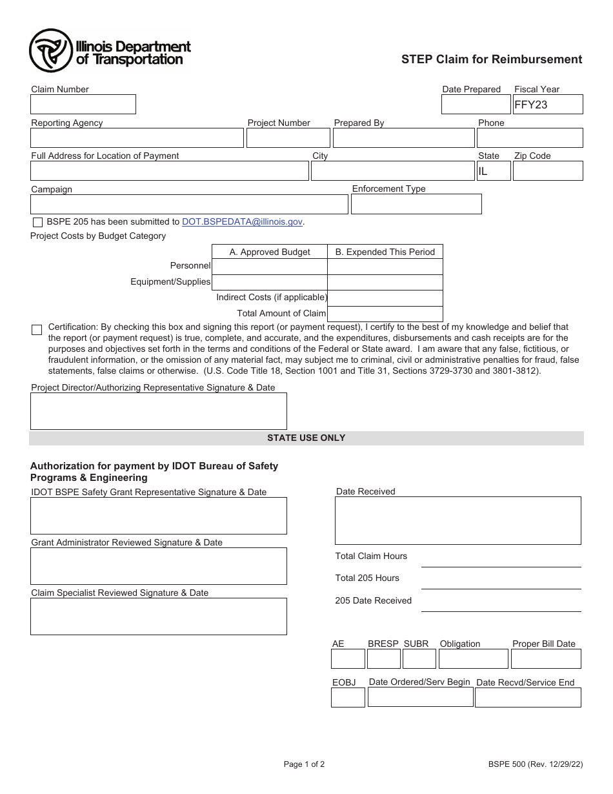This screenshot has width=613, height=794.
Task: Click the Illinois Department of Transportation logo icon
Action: coord(51,51)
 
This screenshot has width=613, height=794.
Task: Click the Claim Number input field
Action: coord(83,105)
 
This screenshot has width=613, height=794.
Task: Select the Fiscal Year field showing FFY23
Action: coord(547,105)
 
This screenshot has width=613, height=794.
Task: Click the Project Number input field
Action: coord(288,138)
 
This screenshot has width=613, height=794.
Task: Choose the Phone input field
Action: coord(529,138)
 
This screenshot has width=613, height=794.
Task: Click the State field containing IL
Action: coord(493,171)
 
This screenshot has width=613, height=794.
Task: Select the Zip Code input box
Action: coord(547,171)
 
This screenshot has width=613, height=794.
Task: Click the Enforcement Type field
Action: coord(416,204)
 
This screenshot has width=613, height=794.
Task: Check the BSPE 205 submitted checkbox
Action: coord(37,222)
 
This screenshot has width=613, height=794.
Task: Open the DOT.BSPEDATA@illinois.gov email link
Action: coord(242,221)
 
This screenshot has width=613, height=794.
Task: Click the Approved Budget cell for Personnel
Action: coord(269,267)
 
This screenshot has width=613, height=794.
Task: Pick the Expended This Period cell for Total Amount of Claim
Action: coord(385,314)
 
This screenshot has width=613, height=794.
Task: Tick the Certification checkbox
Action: coord(37,330)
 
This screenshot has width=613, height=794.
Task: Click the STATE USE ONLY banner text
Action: coord(306,438)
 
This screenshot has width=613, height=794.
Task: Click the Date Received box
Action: coord(457,520)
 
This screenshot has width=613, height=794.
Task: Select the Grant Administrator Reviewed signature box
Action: coord(158,566)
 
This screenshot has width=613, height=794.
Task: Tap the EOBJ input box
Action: coord(348,698)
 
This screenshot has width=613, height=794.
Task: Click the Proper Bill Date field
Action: coord(545,659)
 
